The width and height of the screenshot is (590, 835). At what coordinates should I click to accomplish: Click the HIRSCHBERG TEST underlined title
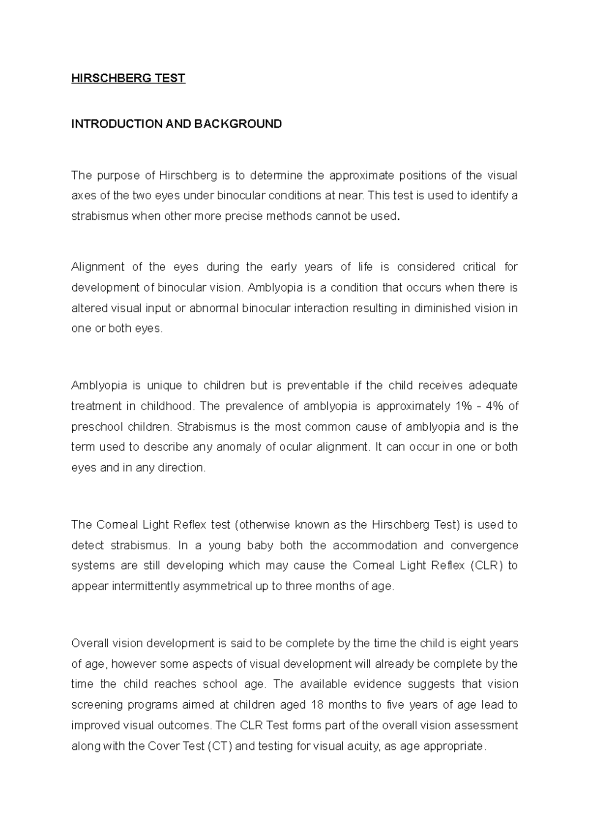pyautogui.click(x=128, y=79)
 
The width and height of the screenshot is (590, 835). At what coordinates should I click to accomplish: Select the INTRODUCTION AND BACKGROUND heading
pyautogui.click(x=177, y=124)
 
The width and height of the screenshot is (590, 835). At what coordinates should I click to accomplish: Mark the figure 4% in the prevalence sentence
pyautogui.click(x=493, y=406)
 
